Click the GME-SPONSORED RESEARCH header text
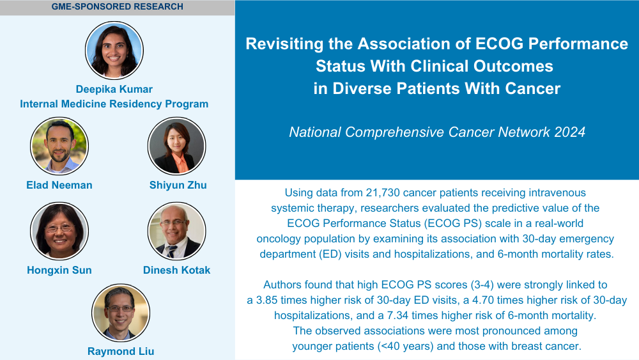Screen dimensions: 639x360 coord(118,6)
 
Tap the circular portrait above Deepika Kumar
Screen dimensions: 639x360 coord(114,50)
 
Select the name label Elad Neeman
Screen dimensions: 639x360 coord(59,185)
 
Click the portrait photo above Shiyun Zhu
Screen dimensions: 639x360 coord(177,146)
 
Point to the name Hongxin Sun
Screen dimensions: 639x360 coord(59,270)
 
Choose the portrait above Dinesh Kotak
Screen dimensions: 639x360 coord(177,231)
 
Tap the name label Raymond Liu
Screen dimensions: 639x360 coord(121,352)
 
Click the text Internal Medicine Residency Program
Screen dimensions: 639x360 coord(114,104)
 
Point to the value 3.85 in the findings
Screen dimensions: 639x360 coord(266,301)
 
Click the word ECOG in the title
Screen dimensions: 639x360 coord(499,43)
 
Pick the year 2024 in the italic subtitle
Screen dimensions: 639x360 coord(570,132)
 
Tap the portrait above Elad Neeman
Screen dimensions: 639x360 coord(59,146)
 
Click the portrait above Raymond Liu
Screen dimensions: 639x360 coord(121,313)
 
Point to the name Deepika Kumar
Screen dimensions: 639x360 coord(114,90)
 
